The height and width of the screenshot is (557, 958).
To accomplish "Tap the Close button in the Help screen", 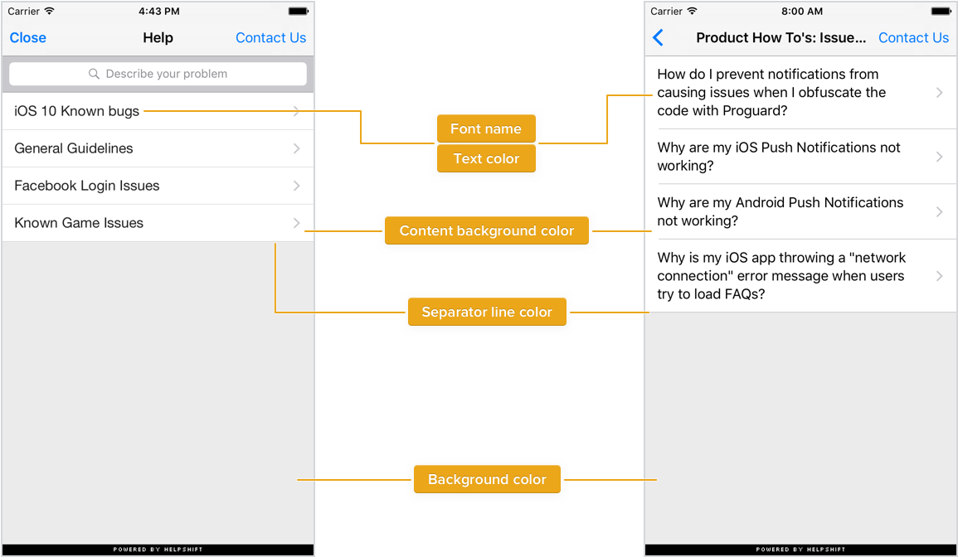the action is tap(28, 38).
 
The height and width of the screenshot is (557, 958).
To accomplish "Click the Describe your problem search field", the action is tap(158, 74).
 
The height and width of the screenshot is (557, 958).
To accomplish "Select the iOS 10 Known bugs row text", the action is tap(77, 111).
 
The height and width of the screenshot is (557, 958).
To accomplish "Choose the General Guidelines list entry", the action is tap(74, 148).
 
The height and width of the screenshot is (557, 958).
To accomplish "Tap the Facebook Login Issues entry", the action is tap(87, 186).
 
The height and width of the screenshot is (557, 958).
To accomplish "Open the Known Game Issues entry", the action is tap(79, 223).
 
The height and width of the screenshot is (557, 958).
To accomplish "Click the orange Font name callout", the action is tap(486, 128).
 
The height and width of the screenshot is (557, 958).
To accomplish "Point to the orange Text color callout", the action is tap(486, 158).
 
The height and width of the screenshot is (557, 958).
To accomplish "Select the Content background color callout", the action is tap(487, 230).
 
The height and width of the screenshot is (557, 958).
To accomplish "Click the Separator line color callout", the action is tap(487, 312).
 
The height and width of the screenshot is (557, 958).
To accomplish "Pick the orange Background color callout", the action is tap(487, 479).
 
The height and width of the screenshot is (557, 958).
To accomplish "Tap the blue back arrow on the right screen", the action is tap(658, 38).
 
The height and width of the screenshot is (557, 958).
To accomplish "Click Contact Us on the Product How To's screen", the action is tap(913, 38).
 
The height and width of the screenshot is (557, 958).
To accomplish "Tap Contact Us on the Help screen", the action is tap(270, 38).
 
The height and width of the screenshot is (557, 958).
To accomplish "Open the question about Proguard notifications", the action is tap(771, 92).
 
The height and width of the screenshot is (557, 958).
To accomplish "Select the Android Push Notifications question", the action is tap(781, 211).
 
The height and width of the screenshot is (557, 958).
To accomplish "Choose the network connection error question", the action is tap(781, 275).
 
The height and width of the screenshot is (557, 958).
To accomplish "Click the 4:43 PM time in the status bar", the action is tap(159, 11).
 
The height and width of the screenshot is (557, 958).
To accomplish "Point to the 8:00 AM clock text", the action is tap(801, 11).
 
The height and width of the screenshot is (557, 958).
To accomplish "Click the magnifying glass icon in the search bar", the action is tap(94, 74).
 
